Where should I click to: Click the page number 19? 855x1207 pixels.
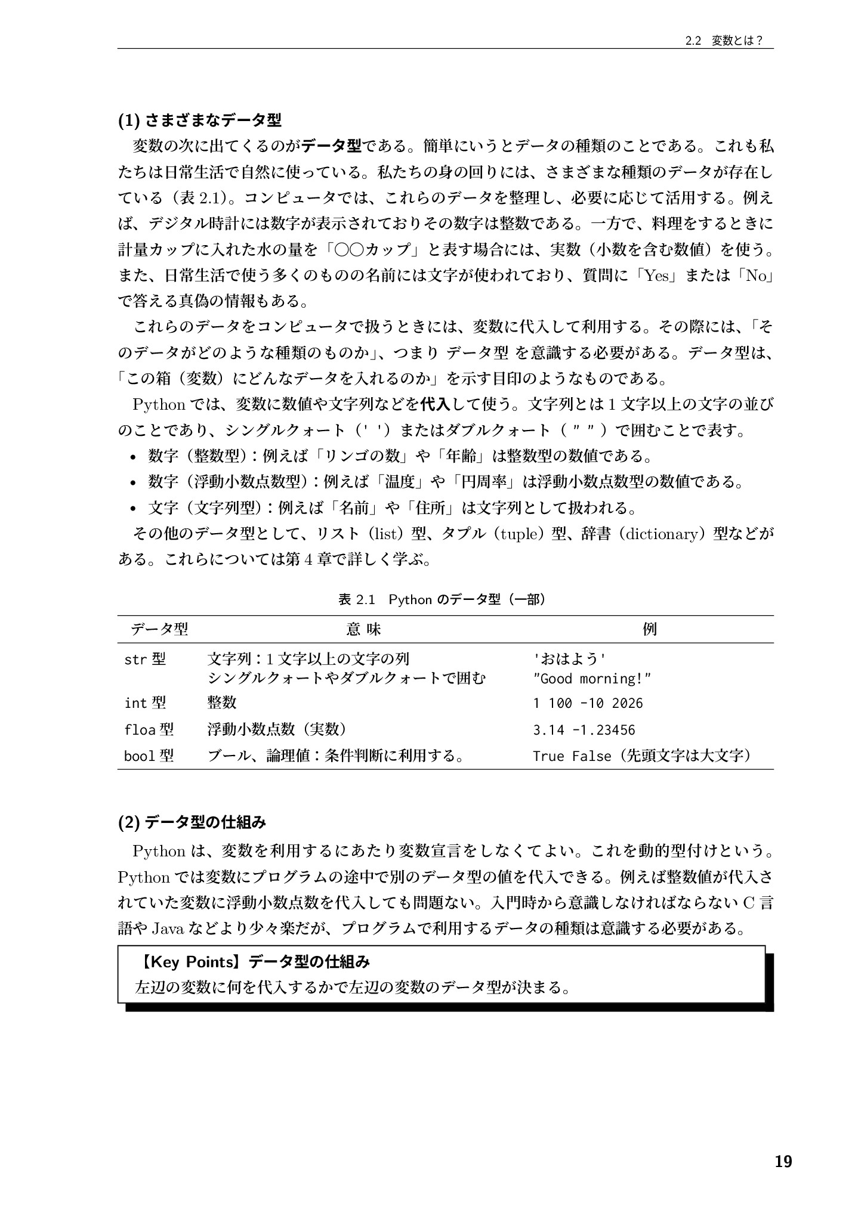click(x=783, y=1161)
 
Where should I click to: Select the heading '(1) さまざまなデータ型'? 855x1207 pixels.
click(x=199, y=120)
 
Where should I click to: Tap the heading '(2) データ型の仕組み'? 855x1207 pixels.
click(x=192, y=823)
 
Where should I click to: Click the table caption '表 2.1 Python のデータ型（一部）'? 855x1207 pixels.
click(x=442, y=599)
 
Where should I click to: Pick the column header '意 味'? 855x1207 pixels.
click(x=363, y=629)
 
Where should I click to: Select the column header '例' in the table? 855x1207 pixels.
click(x=650, y=629)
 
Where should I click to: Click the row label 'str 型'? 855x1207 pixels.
click(x=145, y=659)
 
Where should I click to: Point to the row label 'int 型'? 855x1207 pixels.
click(x=145, y=703)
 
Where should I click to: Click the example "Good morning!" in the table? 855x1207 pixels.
click(x=591, y=679)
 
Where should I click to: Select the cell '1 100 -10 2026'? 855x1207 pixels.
click(x=588, y=703)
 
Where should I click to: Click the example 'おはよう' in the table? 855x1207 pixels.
click(x=569, y=659)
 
